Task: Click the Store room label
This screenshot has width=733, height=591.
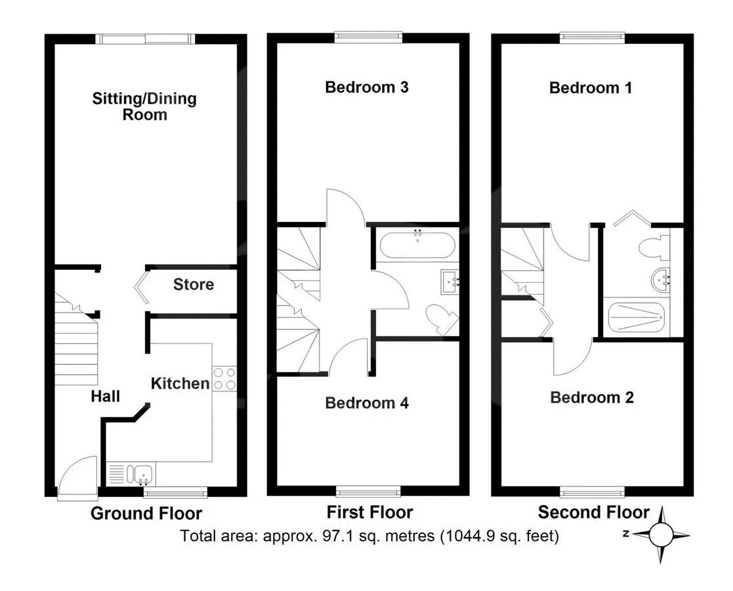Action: point(194,284)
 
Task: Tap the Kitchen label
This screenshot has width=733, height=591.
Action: point(180,383)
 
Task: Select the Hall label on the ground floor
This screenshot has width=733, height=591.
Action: point(105,397)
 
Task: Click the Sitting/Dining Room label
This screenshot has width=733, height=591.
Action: point(144,106)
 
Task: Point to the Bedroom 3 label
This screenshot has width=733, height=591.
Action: point(367,87)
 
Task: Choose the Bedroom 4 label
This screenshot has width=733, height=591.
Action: point(367,403)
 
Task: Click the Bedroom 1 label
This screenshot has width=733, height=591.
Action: point(591,87)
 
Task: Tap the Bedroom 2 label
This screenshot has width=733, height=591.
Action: point(592,397)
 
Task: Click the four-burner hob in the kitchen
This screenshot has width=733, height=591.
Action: point(224,378)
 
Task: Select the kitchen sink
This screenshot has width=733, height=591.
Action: point(140,474)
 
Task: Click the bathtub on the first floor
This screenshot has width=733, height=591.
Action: point(416,244)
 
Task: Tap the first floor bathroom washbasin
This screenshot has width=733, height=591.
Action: point(450,282)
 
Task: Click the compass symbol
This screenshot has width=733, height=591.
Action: point(661,535)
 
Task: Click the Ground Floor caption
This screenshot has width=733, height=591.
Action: point(146,514)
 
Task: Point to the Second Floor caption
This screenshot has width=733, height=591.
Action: point(594,512)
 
